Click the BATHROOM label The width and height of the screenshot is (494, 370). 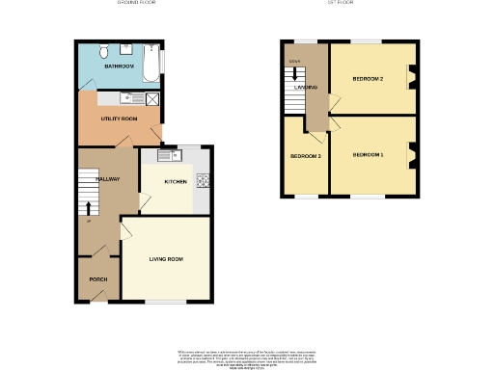tap(119, 66)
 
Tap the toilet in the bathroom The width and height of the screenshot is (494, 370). tap(103, 51)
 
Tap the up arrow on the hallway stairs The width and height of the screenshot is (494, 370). tap(89, 207)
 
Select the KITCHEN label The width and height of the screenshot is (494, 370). tap(175, 181)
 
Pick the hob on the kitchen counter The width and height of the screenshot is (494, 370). tap(203, 180)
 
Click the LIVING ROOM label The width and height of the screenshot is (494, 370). tap(166, 259)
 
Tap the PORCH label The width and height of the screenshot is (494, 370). tap(97, 279)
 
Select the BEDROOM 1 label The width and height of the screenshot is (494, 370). tap(368, 155)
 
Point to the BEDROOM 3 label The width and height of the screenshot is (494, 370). tap(306, 155)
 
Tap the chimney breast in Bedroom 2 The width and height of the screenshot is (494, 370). tap(412, 77)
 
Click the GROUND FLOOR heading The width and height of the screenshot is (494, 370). tap(136, 4)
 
